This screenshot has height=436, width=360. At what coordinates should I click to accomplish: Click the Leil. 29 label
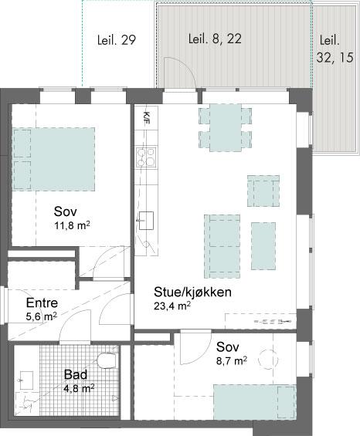click(x=117, y=40)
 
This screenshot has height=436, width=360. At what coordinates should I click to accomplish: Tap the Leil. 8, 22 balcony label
click(x=215, y=39)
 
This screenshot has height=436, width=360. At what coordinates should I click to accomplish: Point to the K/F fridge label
click(x=146, y=117)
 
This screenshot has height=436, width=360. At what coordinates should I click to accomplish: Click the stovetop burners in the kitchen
click(x=146, y=157)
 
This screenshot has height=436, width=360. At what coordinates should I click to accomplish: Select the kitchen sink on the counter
click(x=146, y=221)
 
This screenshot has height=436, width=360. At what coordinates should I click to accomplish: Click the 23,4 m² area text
click(x=172, y=306)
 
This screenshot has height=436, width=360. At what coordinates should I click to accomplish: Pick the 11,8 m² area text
click(x=72, y=225)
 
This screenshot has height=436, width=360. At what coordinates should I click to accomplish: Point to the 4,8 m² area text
click(x=79, y=388)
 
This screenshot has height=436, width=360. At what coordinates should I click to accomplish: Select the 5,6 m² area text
click(x=42, y=316)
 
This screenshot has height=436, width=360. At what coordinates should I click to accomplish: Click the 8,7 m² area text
click(x=232, y=361)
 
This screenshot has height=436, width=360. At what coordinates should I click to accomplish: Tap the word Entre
click(x=42, y=302)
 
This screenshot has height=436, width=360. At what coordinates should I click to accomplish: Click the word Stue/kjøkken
click(x=192, y=292)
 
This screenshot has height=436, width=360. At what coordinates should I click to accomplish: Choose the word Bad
click(x=76, y=374)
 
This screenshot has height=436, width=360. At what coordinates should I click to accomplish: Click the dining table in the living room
click(x=226, y=127)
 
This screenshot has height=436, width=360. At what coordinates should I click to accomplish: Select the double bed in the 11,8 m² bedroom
click(x=54, y=159)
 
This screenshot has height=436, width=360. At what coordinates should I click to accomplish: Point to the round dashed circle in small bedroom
click(x=268, y=359)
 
